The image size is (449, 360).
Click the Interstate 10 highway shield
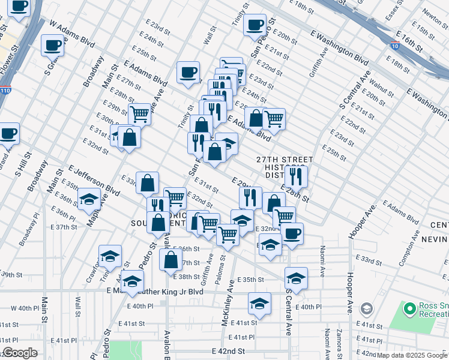[x=394, y=46]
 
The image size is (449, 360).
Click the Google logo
[x=20, y=353]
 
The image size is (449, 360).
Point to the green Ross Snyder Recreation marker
[x=410, y=309]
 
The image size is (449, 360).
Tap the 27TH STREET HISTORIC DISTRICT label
[x=286, y=168]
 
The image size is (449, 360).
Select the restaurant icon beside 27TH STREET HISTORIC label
[x=296, y=176]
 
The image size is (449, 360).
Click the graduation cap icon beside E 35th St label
[x=296, y=278]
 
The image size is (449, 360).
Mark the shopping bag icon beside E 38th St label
[x=171, y=259]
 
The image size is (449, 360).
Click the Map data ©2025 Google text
[x=412, y=355]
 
